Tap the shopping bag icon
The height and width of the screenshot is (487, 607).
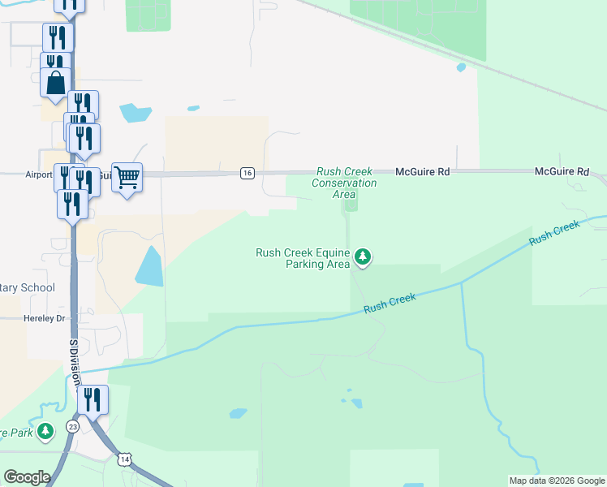tap(55, 83)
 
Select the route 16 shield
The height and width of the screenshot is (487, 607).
tap(248, 173)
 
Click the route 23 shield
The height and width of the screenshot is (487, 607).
tap(73, 425)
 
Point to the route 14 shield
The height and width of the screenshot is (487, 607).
tap(123, 459)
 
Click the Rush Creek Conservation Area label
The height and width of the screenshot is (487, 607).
tap(345, 183)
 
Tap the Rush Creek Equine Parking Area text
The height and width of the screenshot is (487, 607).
tap(303, 258)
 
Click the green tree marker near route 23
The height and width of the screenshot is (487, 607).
tap(46, 430)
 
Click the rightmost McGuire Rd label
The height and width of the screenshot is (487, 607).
tap(562, 172)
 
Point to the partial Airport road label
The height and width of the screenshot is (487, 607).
tap(38, 175)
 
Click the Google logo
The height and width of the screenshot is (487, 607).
tap(27, 477)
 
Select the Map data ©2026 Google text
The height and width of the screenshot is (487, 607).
tap(557, 481)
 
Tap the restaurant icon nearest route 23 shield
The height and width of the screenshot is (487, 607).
tap(93, 399)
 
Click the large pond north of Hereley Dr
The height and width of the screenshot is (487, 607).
tap(149, 266)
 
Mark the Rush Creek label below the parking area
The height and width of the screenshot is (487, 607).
tap(390, 304)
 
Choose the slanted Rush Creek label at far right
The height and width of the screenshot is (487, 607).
tap(554, 234)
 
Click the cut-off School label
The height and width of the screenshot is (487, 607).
tap(28, 287)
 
